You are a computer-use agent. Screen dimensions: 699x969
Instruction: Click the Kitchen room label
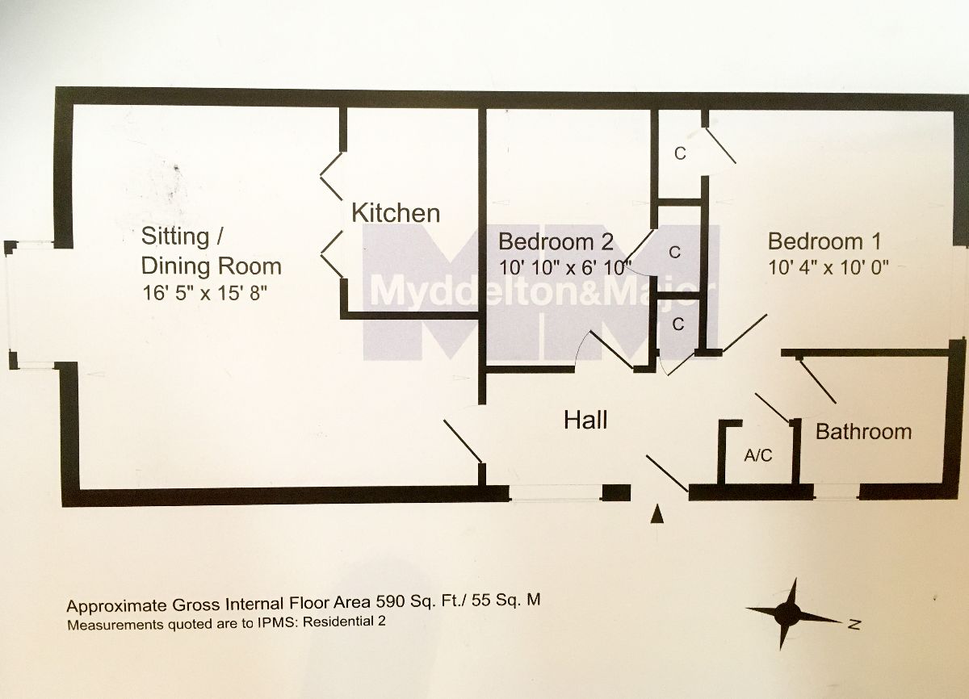(396, 213)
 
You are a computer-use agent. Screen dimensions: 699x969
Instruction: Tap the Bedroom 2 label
(556, 242)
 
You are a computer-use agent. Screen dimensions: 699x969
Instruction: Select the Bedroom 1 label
(824, 241)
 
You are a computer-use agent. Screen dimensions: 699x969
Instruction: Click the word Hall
(585, 420)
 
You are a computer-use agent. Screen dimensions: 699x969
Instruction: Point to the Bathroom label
(863, 431)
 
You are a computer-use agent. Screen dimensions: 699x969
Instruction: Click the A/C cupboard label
(757, 456)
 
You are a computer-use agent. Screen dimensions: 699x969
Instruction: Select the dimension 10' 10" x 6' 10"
(564, 268)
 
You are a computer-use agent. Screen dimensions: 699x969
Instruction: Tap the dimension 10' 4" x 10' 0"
(828, 268)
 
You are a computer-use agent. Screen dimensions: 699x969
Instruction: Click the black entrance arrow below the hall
(658, 513)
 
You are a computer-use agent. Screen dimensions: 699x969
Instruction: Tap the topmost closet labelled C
(680, 153)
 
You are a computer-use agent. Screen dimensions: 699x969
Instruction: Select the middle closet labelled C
(673, 252)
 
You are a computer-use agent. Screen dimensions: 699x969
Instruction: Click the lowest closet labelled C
(678, 324)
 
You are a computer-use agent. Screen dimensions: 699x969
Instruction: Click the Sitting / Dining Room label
(211, 251)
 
